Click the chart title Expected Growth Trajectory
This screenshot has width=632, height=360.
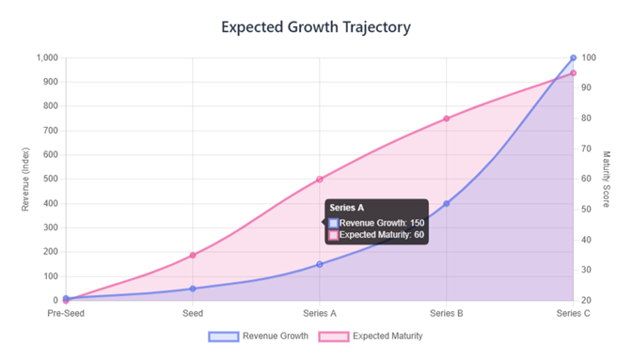pyautogui.click(x=316, y=26)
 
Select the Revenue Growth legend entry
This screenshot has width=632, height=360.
pyautogui.click(x=259, y=336)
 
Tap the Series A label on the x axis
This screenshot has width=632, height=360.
pyautogui.click(x=320, y=314)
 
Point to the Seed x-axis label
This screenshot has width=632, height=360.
pyautogui.click(x=193, y=314)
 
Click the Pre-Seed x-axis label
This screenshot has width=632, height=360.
pyautogui.click(x=66, y=314)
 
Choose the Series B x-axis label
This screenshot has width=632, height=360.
pyautogui.click(x=447, y=314)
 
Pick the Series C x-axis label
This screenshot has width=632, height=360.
pyautogui.click(x=573, y=314)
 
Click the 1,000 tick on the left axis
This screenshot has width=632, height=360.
pyautogui.click(x=46, y=58)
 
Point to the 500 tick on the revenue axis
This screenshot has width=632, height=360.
pyautogui.click(x=50, y=180)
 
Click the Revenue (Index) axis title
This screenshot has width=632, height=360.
pyautogui.click(x=26, y=179)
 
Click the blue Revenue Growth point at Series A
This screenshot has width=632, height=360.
pyautogui.click(x=320, y=264)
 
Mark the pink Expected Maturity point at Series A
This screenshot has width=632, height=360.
pyautogui.click(x=320, y=180)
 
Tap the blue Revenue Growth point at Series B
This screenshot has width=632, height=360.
pyautogui.click(x=447, y=203)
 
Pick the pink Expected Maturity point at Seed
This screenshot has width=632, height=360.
pyautogui.click(x=193, y=255)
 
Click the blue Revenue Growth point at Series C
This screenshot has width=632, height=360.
pyautogui.click(x=574, y=58)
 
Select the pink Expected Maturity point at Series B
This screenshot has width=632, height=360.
pyautogui.click(x=447, y=118)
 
